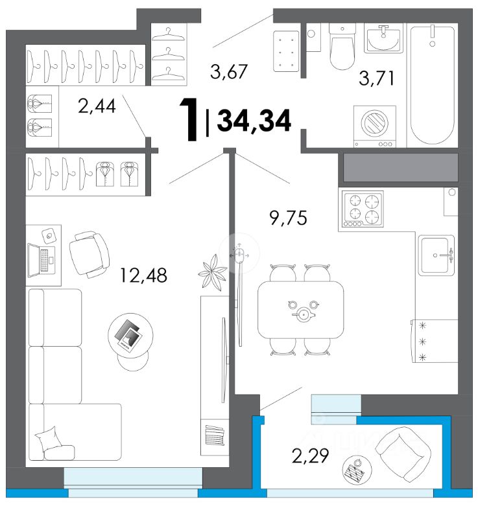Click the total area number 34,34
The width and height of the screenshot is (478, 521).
(x=254, y=121)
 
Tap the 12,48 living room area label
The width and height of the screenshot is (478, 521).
(x=143, y=275)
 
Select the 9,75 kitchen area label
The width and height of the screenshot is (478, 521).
(x=289, y=218)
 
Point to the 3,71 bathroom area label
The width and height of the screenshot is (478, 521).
(x=377, y=78)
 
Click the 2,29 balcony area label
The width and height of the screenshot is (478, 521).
(x=311, y=455)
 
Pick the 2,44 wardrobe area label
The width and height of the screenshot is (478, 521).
(x=97, y=106)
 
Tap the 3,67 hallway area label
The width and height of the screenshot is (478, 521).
(x=229, y=71)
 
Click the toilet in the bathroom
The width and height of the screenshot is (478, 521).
(x=342, y=47)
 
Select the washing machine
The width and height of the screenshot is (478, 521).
(x=374, y=126)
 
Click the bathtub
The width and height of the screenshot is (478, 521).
(x=432, y=85)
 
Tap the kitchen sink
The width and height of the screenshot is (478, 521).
(x=436, y=255)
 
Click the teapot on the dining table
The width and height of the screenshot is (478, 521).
(x=303, y=314)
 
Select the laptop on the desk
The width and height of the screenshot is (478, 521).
(x=42, y=260)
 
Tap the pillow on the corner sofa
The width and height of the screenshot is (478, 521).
(x=49, y=439)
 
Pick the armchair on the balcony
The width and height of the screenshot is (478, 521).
(x=403, y=454)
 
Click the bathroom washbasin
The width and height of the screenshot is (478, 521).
(x=383, y=38)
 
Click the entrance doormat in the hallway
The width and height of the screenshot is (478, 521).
(x=286, y=51)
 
